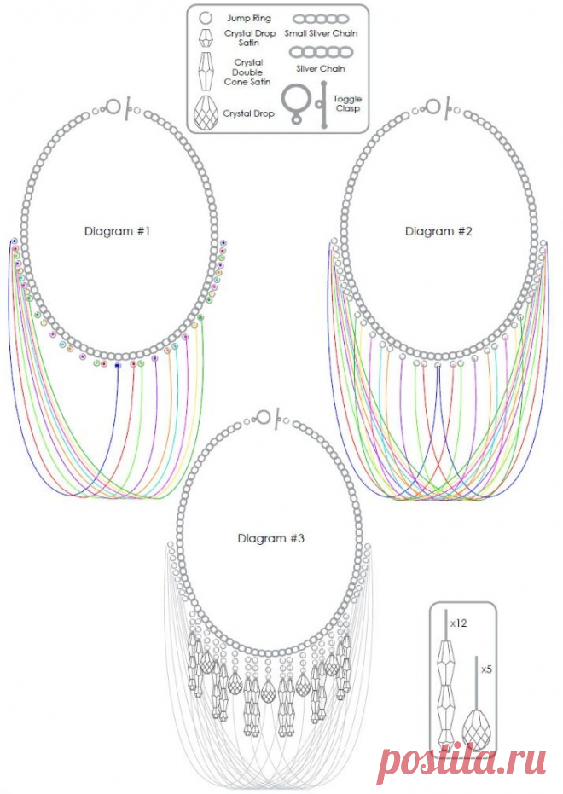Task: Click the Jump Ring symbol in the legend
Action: pyautogui.click(x=205, y=18)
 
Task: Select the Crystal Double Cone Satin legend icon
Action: pyautogui.click(x=205, y=72)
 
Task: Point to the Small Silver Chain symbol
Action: pyautogui.click(x=321, y=20)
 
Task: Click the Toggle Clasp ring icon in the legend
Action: pyautogui.click(x=294, y=104)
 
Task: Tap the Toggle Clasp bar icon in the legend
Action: pyautogui.click(x=323, y=104)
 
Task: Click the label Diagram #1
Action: pyautogui.click(x=118, y=231)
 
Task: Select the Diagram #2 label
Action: pyautogui.click(x=438, y=231)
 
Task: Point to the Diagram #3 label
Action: pyautogui.click(x=271, y=538)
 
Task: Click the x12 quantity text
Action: pyautogui.click(x=458, y=623)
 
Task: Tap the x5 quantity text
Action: pyautogui.click(x=486, y=669)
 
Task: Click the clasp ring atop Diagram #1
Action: pyautogui.click(x=114, y=107)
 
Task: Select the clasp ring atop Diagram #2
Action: pyautogui.click(x=432, y=107)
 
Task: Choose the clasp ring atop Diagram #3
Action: pyautogui.click(x=264, y=417)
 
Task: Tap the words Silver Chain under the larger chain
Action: pyautogui.click(x=321, y=69)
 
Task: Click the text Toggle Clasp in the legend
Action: pyautogui.click(x=347, y=104)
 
